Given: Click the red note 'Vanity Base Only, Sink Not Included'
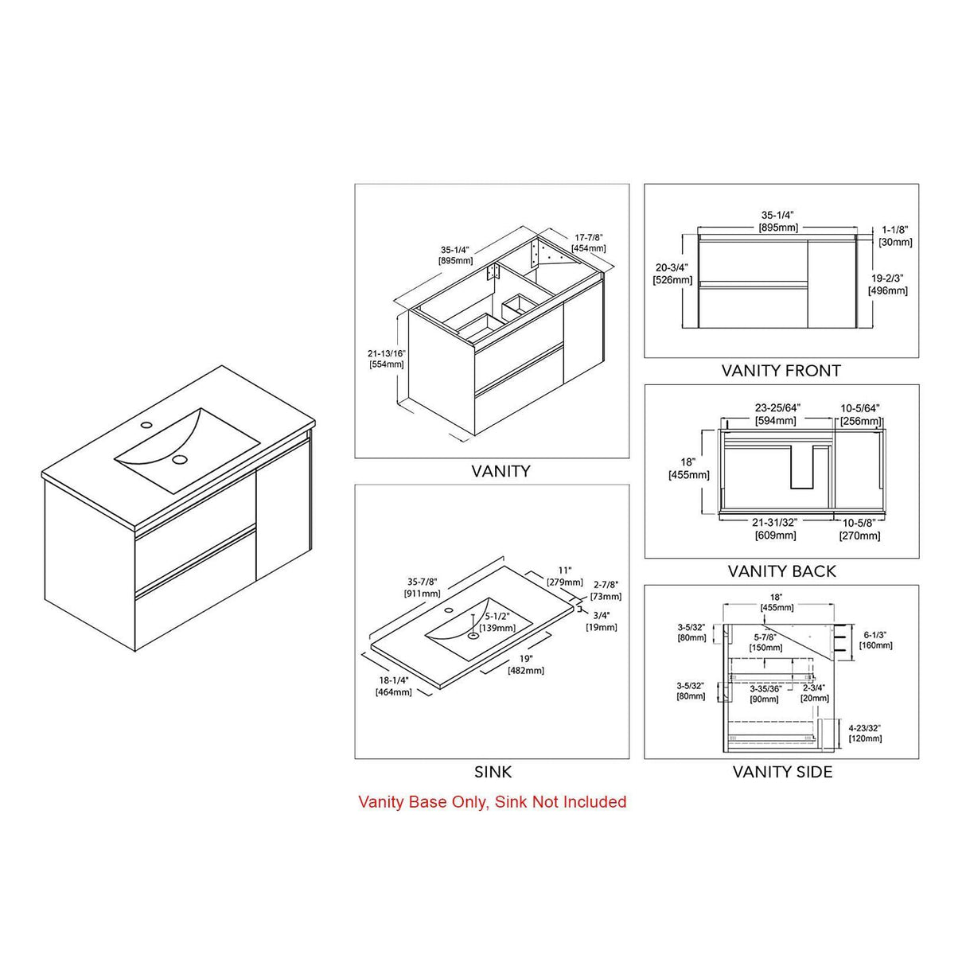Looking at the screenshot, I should (492, 802).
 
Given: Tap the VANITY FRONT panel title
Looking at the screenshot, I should (781, 371).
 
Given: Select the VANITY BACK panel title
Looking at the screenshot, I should (781, 571).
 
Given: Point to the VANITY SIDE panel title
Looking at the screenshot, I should (782, 772).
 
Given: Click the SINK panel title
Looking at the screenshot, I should (493, 772).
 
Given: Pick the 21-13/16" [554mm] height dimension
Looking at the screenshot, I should (387, 359).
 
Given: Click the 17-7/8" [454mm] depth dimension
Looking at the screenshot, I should (589, 243).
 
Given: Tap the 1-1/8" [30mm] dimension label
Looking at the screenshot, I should (895, 236).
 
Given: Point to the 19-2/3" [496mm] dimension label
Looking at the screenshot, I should (887, 285).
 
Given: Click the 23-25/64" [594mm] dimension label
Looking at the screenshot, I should (777, 414).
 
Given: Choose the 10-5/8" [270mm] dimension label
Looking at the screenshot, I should (859, 529).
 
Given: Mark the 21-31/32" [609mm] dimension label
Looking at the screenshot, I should (775, 529).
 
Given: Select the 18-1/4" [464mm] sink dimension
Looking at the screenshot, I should (394, 686).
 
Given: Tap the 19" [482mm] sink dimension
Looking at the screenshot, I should (526, 664).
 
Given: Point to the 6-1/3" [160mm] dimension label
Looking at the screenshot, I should (875, 640).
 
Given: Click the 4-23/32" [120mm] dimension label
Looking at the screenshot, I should (865, 733).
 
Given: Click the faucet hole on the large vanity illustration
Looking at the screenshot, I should (146, 425).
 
